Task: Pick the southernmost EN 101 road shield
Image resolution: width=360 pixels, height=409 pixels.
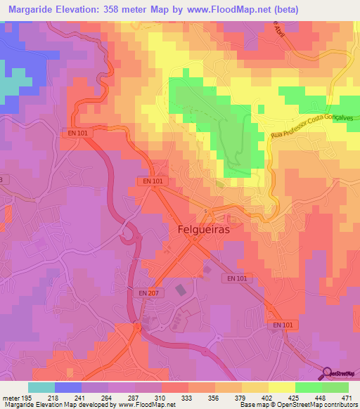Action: click(x=283, y=325)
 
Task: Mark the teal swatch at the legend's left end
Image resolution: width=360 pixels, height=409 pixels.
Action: click(x=41, y=387)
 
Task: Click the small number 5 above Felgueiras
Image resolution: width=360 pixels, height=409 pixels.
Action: click(x=205, y=212)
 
